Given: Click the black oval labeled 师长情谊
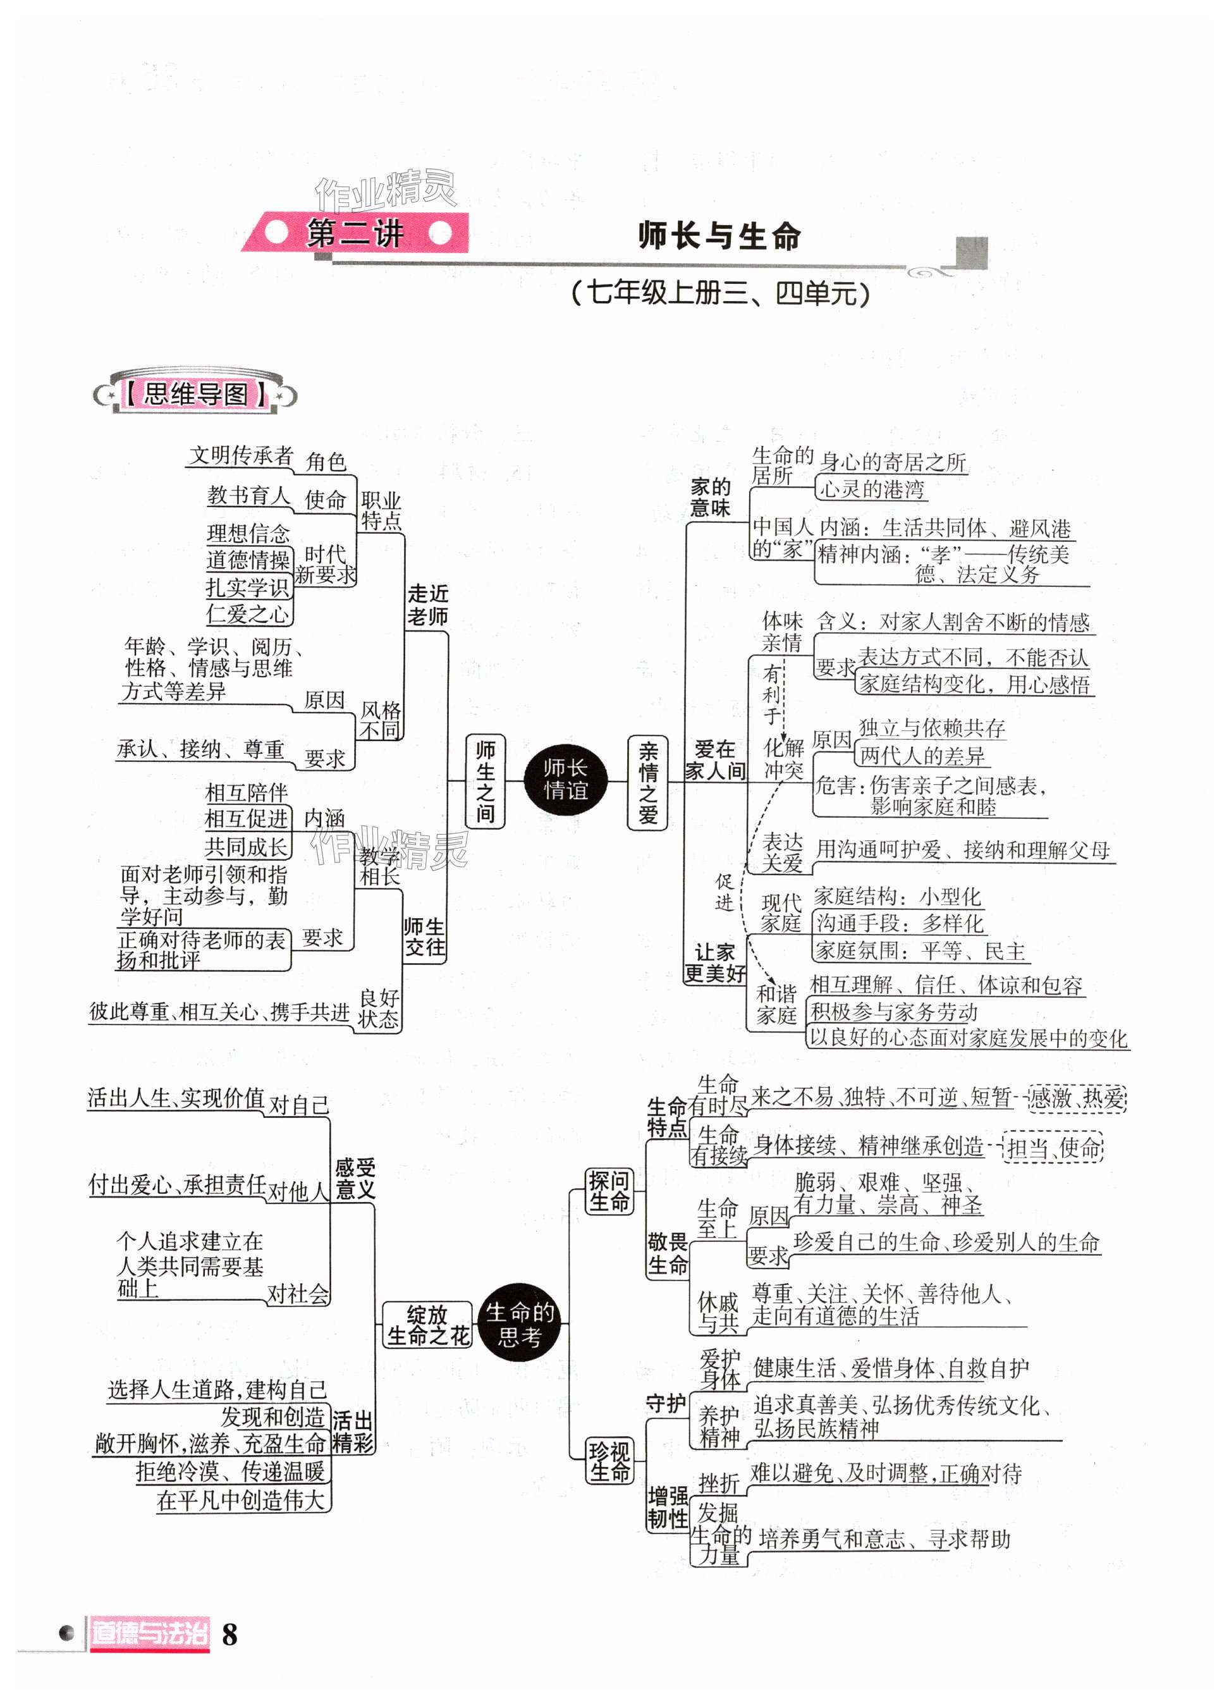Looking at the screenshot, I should click(x=565, y=780).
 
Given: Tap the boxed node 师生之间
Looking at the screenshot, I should click(x=485, y=781).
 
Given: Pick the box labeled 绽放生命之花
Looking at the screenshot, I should click(x=427, y=1325).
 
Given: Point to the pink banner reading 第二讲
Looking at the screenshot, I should click(x=355, y=233).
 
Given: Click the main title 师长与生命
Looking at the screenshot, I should click(x=719, y=236).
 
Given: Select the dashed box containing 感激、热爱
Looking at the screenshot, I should click(x=1076, y=1097).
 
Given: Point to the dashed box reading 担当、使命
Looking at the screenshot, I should click(x=1053, y=1148).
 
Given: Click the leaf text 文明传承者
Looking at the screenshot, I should click(x=240, y=455).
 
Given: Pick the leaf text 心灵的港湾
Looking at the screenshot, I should click(x=871, y=489).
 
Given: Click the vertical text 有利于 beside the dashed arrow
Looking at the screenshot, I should click(x=772, y=694).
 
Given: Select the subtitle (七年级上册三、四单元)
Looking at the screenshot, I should click(x=721, y=292).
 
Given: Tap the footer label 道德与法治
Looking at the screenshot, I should click(x=149, y=1633).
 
